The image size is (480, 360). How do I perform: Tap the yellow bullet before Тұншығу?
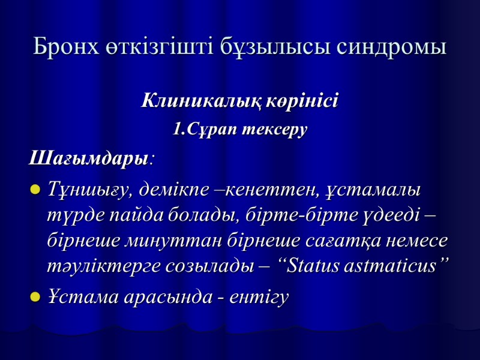tap(35, 191)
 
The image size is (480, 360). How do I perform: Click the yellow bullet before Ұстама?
tap(35, 298)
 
